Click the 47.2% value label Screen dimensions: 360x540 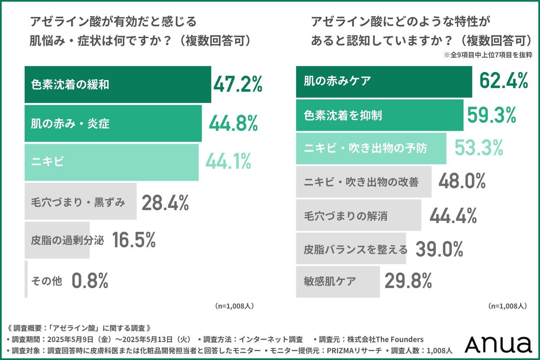[x=238, y=84]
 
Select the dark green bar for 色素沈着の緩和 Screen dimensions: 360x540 [x=118, y=84]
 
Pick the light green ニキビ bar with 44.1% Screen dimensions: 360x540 [x=111, y=162]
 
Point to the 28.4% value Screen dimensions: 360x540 [x=165, y=203]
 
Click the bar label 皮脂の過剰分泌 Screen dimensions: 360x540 [x=67, y=241]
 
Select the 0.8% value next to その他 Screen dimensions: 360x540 [x=90, y=280]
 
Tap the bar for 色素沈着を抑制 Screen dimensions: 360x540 [x=379, y=115]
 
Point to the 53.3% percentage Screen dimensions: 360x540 [x=479, y=148]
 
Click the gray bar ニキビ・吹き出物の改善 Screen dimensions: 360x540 [x=363, y=182]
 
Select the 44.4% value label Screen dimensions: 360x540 [x=453, y=216]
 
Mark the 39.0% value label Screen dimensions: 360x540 [x=439, y=249]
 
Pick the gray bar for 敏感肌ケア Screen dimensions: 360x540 [x=337, y=282]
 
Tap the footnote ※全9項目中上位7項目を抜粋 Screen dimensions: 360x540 [x=488, y=55]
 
